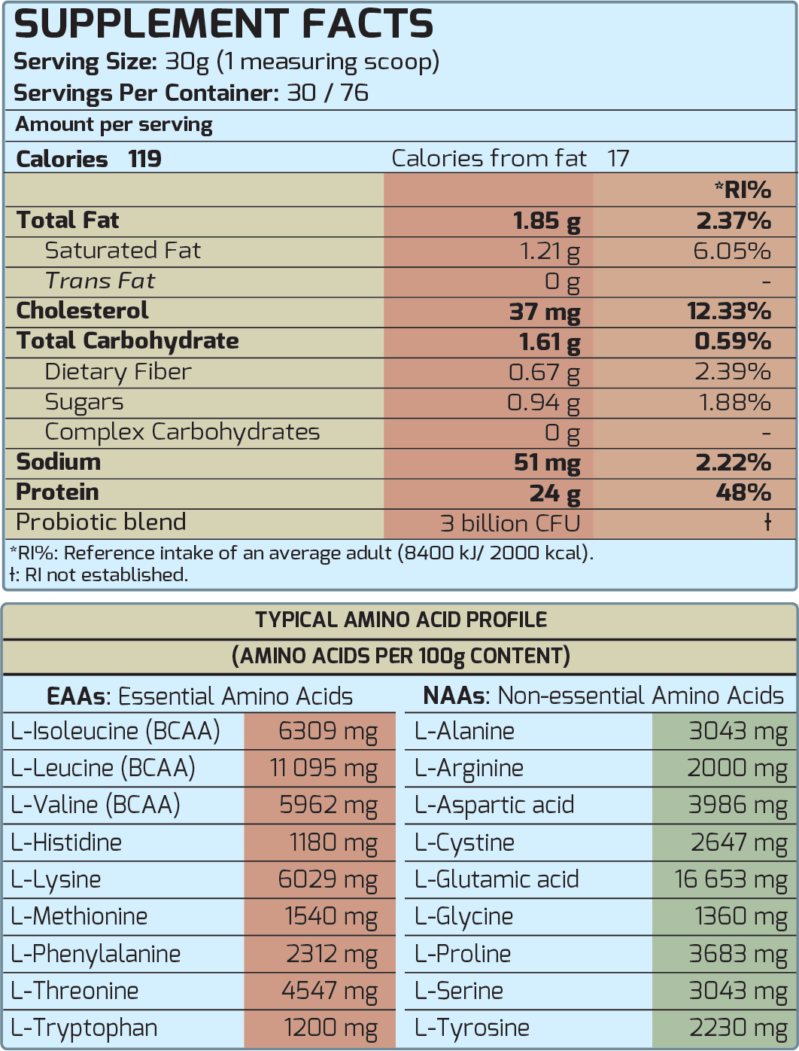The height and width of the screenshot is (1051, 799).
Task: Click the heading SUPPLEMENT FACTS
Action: (x=223, y=24)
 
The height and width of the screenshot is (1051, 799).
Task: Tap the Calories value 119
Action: (x=144, y=159)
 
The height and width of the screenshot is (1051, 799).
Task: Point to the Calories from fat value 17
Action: (x=618, y=159)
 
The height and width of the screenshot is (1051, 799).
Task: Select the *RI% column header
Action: (x=743, y=190)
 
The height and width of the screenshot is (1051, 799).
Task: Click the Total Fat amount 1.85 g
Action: (x=546, y=221)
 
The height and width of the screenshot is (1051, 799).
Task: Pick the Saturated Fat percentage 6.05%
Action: (x=731, y=251)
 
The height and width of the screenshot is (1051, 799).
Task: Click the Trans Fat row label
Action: (x=99, y=281)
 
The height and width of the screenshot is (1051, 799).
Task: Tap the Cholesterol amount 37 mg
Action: (x=545, y=312)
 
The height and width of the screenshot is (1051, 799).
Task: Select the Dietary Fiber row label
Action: (x=118, y=372)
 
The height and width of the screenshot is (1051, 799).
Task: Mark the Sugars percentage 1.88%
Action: (x=734, y=402)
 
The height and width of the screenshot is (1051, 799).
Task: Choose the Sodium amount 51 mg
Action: (x=547, y=462)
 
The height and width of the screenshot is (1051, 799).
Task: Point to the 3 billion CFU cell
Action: (x=510, y=523)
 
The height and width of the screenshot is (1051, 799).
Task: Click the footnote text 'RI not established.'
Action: (x=105, y=575)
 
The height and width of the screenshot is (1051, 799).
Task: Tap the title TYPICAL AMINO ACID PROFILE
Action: (x=400, y=620)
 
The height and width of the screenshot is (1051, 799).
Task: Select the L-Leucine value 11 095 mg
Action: (x=324, y=768)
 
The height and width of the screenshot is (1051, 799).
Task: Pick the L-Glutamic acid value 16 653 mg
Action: (x=731, y=879)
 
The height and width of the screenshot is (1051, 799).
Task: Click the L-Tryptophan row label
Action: (x=84, y=1028)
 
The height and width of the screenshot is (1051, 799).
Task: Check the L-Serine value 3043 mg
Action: (x=737, y=991)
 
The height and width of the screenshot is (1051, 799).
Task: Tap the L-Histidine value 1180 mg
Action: (x=333, y=842)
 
